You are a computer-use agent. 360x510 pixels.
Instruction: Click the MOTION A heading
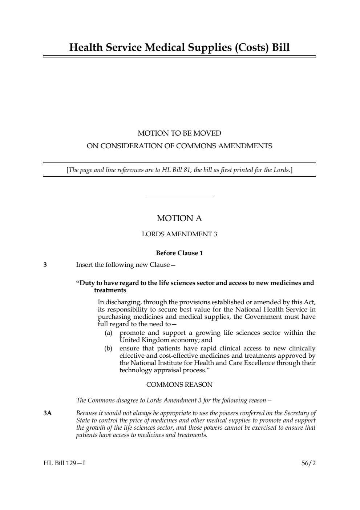click(x=179, y=218)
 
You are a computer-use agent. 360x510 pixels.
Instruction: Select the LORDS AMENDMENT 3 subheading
click(x=179, y=234)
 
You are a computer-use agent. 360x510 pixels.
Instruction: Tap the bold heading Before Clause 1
click(x=179, y=253)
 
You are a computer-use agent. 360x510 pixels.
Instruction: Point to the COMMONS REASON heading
click(x=179, y=385)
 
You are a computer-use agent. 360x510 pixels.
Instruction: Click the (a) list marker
click(x=108, y=333)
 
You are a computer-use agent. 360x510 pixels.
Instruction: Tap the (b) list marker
click(x=108, y=348)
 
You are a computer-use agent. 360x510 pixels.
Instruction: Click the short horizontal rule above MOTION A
click(x=179, y=196)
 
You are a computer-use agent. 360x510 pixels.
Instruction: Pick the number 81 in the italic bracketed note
click(x=187, y=170)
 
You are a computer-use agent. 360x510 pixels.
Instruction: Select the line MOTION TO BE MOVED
click(x=179, y=133)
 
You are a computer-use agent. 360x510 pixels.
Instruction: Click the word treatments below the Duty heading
click(x=110, y=290)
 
